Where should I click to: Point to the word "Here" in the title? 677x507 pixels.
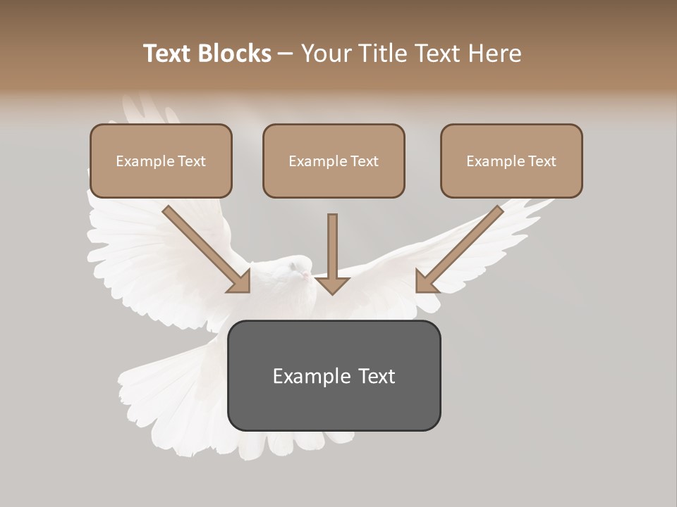tap(494, 54)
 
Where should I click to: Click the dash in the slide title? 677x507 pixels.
tap(286, 54)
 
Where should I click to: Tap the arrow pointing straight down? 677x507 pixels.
tap(332, 257)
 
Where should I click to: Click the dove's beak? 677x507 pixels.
tap(305, 274)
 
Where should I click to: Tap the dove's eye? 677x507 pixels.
tap(292, 267)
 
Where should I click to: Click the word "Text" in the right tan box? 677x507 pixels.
tap(542, 161)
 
